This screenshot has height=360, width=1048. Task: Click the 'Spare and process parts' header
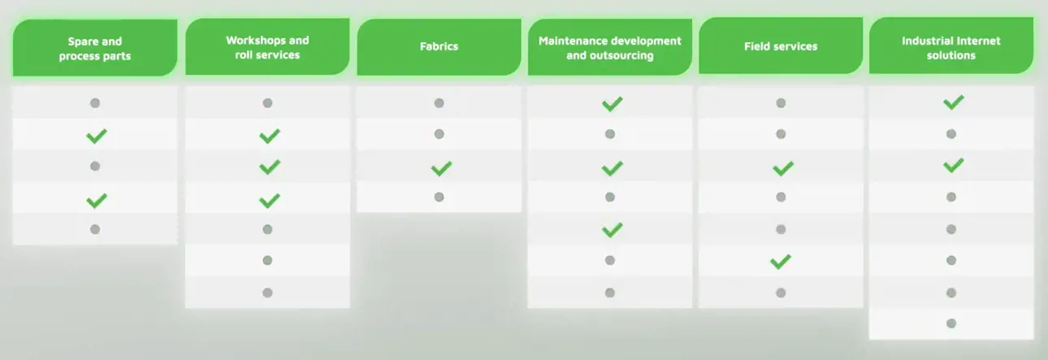[x=95, y=48]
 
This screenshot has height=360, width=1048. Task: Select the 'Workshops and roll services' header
[x=267, y=47]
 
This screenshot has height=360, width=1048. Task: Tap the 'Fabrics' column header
[x=439, y=47]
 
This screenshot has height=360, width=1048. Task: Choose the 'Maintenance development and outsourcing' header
[x=609, y=47]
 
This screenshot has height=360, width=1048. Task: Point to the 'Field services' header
[x=781, y=46]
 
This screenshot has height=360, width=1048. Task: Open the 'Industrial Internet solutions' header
[x=951, y=46]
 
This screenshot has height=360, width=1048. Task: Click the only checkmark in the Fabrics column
[x=441, y=168]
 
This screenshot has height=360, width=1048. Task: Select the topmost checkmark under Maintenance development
[x=612, y=104]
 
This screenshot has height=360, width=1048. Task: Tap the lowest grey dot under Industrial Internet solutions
[x=951, y=323]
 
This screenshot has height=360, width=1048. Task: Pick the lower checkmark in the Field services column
[x=781, y=262]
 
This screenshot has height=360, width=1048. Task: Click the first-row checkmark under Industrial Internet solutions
[x=954, y=102]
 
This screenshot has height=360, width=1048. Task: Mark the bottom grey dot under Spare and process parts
[x=95, y=229]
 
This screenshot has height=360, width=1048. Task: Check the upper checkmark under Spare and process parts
[x=97, y=137]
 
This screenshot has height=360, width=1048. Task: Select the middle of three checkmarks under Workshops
[x=270, y=167]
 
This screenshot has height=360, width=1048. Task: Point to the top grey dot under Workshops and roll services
[x=267, y=103]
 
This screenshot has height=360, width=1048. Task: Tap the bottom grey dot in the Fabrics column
[x=439, y=197]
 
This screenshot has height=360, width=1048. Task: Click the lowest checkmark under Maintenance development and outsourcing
[x=612, y=230]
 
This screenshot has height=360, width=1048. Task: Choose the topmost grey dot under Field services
[x=781, y=103]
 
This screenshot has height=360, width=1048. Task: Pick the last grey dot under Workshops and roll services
[x=267, y=293]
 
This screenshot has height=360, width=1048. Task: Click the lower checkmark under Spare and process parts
[x=97, y=201]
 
